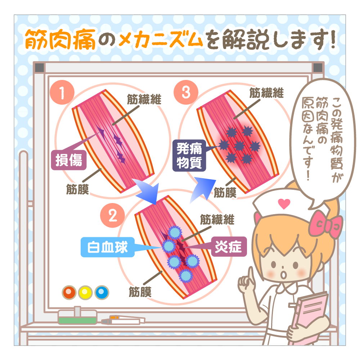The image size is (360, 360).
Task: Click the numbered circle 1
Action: coord(62,92)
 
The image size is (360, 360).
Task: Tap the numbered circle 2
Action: coord(112,215)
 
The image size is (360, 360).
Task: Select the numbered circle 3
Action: coord(186,92)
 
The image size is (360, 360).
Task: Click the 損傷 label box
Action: coord(69,160)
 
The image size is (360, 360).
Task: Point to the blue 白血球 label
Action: coord(107,247)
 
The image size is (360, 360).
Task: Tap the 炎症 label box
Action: coord(229,247)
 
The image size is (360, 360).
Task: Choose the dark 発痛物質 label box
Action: coord(189,156)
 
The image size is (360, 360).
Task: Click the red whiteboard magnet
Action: coord(69,292)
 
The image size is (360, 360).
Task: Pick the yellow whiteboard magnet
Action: coord(85,292)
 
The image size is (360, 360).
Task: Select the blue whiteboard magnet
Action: coord(102,292)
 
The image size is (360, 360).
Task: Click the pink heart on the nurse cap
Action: coord(284,203)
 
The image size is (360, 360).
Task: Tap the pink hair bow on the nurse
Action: coord(325,224)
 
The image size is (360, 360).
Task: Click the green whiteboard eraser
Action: coord(77,317)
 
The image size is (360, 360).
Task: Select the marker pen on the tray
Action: coord(123,320)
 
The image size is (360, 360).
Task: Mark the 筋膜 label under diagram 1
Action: coord(77,189)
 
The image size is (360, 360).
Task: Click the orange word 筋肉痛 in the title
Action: coord(60,39)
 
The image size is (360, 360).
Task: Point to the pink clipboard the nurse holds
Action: coord(310,317)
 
